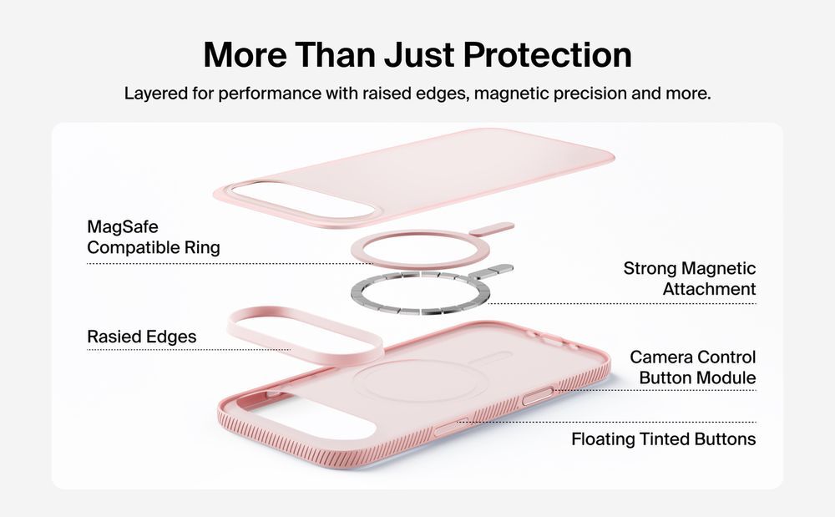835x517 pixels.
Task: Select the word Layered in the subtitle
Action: coord(155,93)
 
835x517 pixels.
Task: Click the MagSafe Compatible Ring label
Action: coord(153,237)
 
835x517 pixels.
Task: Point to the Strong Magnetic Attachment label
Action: coord(689,279)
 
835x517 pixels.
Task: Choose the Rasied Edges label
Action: coord(141,337)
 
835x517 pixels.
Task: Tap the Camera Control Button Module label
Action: coord(692,367)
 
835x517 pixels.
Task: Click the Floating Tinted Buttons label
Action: coord(663,439)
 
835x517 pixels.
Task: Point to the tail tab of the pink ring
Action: coord(492,228)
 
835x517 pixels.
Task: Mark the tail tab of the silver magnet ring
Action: coord(499,270)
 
